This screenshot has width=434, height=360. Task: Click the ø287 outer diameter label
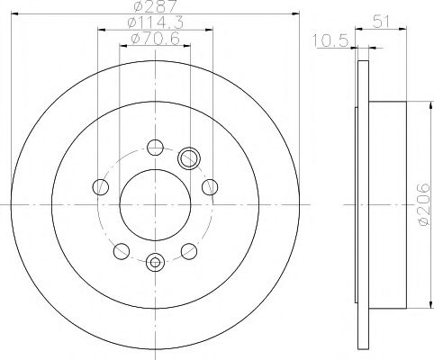[153, 7]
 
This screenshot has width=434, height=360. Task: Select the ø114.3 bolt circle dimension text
[155, 22]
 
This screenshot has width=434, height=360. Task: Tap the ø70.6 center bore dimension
[155, 38]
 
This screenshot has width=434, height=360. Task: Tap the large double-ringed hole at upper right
[189, 159]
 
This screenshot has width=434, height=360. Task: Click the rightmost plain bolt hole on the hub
[211, 187]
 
